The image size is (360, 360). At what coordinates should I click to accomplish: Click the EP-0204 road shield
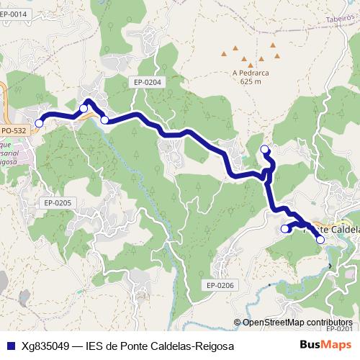point(148,82)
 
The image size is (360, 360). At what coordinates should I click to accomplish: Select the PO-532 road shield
point(14,130)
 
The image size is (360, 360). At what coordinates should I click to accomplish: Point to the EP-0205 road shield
point(58,203)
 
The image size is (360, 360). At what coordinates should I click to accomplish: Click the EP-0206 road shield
point(220,285)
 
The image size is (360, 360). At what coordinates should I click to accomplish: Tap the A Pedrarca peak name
point(251,72)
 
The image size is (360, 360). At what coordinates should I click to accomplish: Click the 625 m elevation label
point(251,81)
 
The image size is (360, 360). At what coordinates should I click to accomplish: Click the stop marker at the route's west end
point(39,123)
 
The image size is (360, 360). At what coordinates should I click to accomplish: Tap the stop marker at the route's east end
point(320,240)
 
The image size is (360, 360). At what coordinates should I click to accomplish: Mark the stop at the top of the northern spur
point(264,150)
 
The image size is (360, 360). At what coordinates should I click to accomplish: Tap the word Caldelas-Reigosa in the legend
point(193,346)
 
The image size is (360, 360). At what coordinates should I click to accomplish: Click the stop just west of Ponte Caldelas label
point(284,229)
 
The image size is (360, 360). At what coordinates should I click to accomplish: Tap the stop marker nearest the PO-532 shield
point(39,123)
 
